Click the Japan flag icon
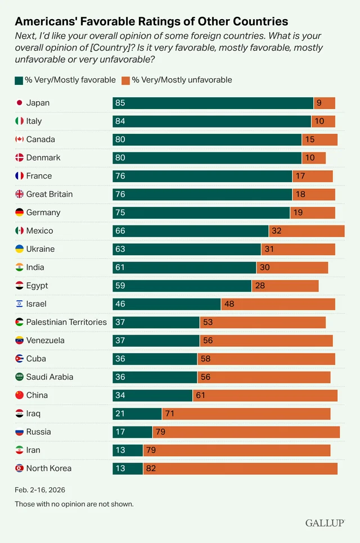coord(19,103)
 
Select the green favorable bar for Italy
coord(211,121)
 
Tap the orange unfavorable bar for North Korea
coord(240,468)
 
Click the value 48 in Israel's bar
coord(229,304)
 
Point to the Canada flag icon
coord(19,139)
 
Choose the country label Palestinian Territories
coord(66,322)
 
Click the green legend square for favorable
coord(19,80)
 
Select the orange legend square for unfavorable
coord(126,80)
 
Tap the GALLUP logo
coord(325,523)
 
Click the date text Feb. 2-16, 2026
coord(40,490)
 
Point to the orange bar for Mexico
coord(307,230)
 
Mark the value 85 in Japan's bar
coord(120,103)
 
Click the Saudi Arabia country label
coord(49,377)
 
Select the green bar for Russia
coord(132,432)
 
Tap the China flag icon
coord(19,395)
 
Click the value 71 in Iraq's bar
coord(170,413)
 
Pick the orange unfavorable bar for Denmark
coord(313,157)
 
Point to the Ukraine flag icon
coord(19,249)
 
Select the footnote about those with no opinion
coord(74,504)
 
